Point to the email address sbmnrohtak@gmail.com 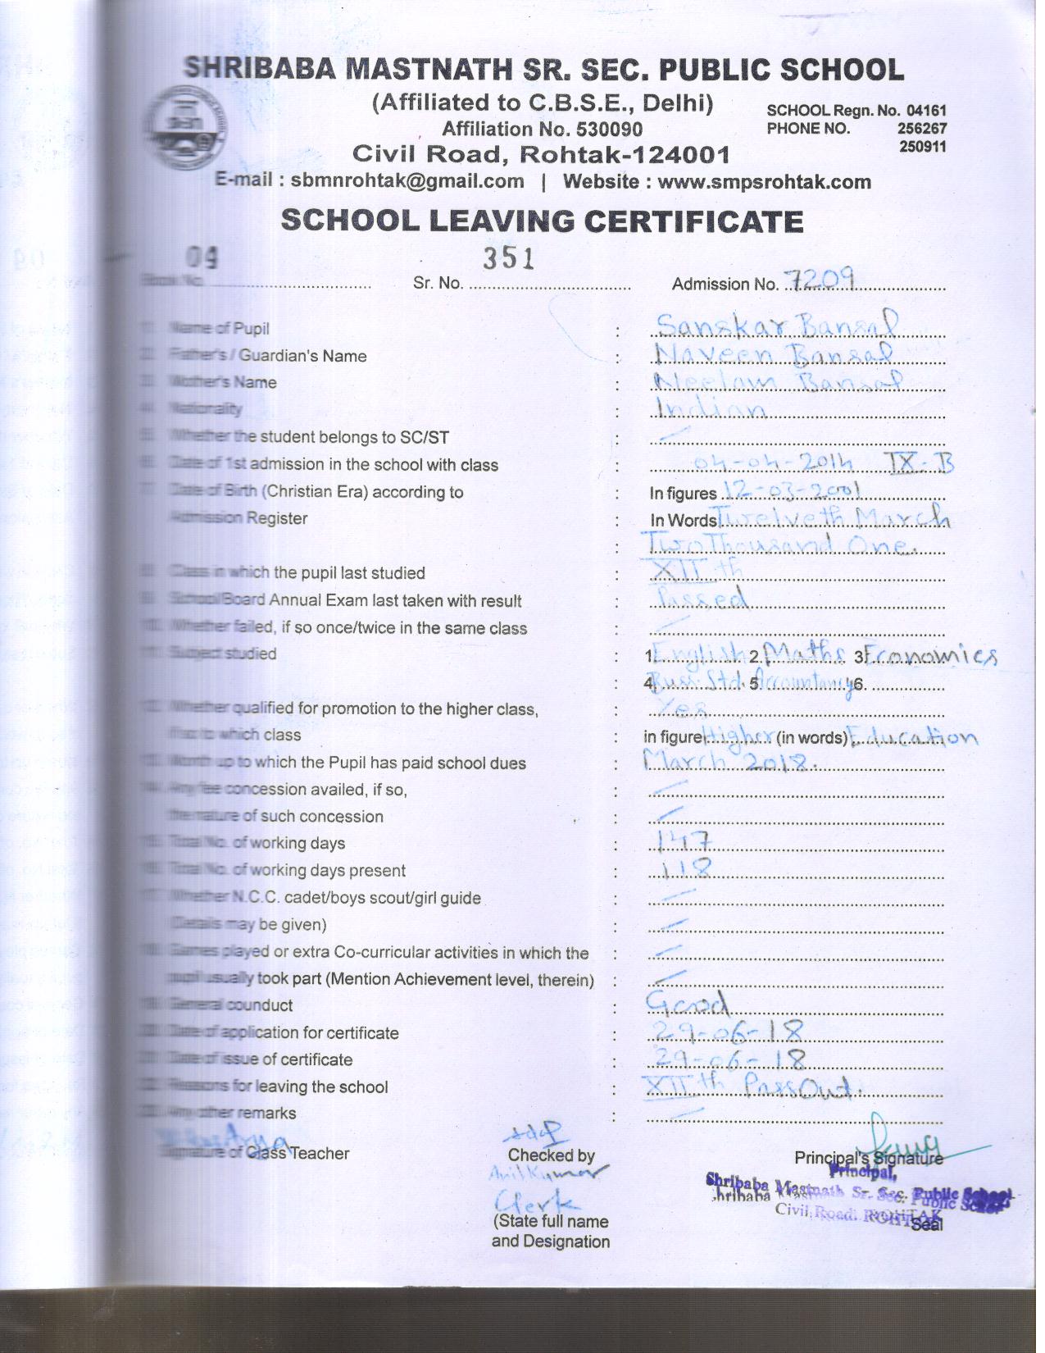click(x=407, y=182)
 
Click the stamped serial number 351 click(x=509, y=258)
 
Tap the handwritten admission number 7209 click(x=820, y=280)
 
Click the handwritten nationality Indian click(x=710, y=409)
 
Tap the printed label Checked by click(x=551, y=1155)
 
